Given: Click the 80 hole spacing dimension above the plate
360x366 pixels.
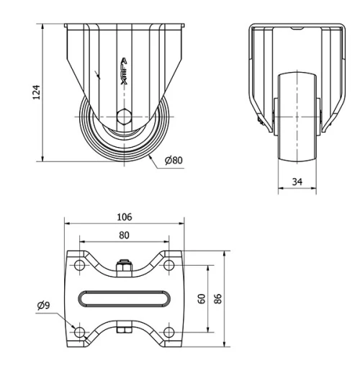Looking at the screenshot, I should (124, 233).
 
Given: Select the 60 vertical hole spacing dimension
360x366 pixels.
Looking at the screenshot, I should (202, 298).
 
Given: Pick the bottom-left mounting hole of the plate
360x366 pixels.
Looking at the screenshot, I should (78, 331).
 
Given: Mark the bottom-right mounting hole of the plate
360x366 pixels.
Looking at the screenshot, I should (169, 331).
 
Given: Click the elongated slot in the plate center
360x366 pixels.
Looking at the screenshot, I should (124, 298).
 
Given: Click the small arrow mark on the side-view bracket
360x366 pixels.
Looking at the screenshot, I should (98, 74).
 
